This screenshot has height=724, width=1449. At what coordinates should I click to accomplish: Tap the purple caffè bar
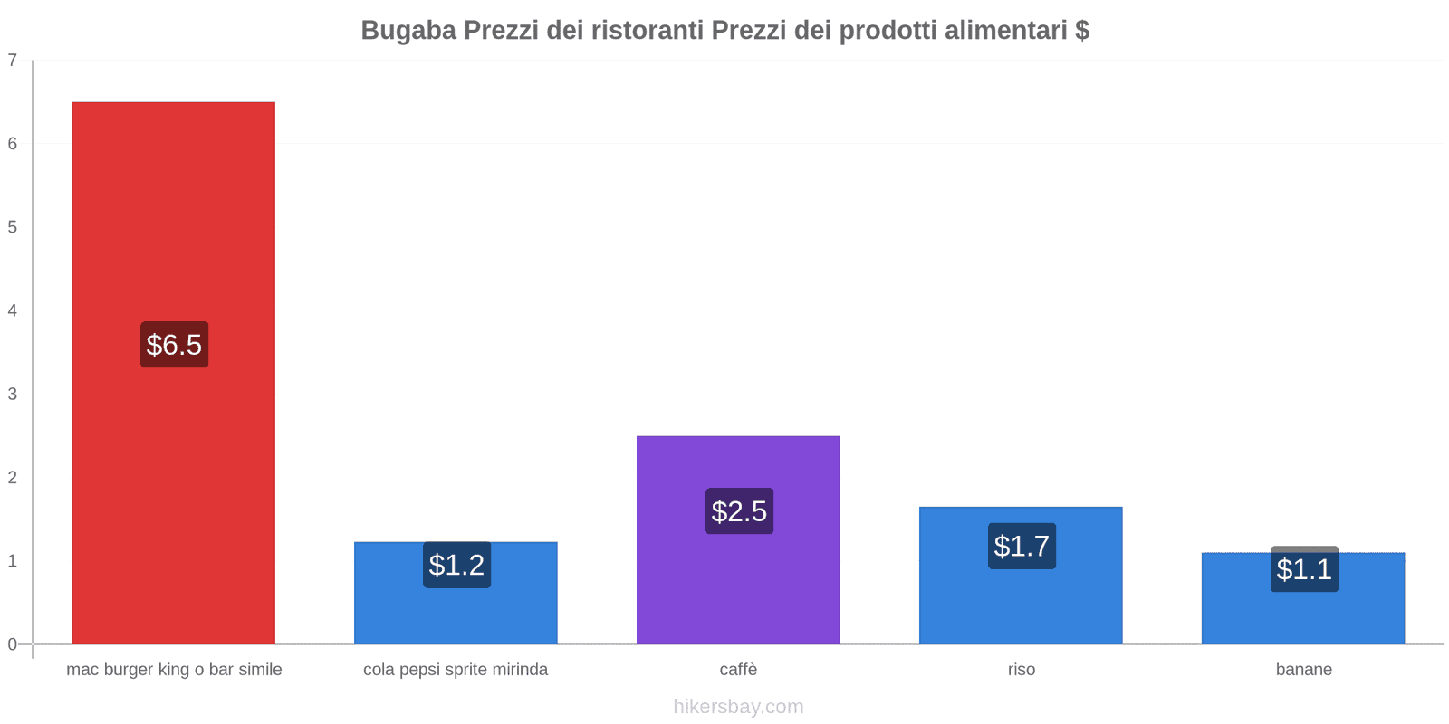point(738,588)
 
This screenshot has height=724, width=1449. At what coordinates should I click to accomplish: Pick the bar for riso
point(1021,606)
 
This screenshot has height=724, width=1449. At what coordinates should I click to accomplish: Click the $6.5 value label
point(174,345)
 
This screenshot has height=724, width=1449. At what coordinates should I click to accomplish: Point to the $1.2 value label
point(456,565)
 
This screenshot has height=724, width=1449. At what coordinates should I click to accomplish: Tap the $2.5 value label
point(739,511)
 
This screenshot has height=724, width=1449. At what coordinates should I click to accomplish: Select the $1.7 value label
point(1022,546)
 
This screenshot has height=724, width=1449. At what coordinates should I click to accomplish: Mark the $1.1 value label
point(1304,569)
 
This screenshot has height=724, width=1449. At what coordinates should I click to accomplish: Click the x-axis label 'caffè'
point(738,670)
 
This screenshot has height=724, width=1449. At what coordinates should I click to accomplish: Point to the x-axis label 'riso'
point(1021,670)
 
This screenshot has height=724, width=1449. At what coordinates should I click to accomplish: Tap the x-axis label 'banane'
point(1303,670)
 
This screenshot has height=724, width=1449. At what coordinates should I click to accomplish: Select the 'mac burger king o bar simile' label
point(174,670)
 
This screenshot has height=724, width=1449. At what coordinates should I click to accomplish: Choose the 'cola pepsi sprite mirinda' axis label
point(456,670)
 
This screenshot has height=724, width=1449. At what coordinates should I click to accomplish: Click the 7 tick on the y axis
point(13,61)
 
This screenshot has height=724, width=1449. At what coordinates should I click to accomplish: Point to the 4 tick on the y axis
point(13,310)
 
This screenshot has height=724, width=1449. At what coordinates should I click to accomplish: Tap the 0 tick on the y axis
point(13,644)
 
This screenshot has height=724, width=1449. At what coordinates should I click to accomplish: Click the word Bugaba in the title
point(408,31)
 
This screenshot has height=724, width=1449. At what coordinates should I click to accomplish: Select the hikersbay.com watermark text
point(738,707)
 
